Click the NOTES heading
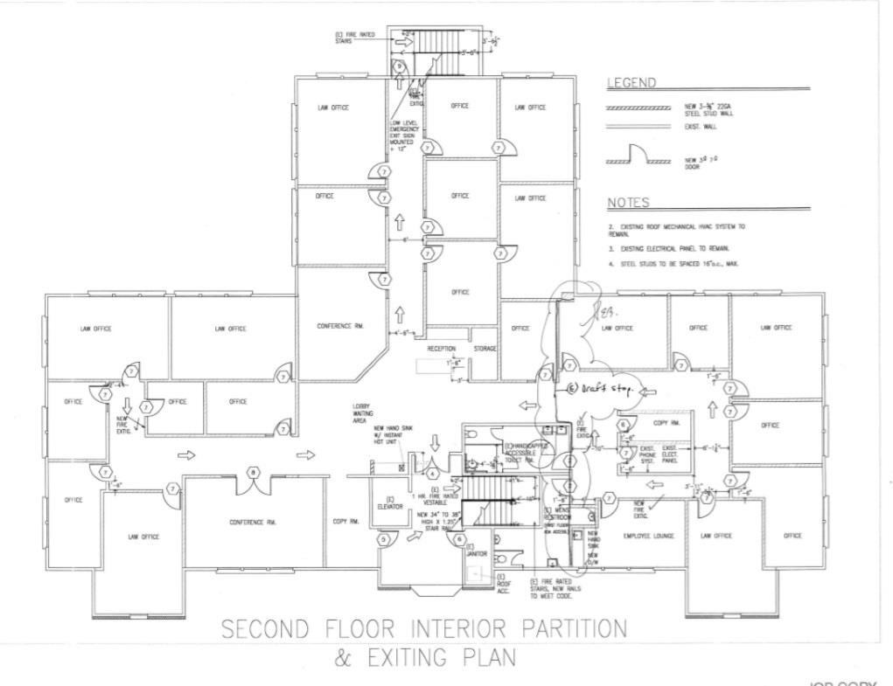628,203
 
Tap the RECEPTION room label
442,349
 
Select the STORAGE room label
485,349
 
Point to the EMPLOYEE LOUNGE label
648,536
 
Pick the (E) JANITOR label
477,552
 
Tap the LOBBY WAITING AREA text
363,413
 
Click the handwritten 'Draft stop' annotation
604,388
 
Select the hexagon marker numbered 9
399,66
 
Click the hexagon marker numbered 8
254,473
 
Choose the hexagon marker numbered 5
383,540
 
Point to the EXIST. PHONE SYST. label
648,454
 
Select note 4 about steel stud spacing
674,263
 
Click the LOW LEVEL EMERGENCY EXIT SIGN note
405,135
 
